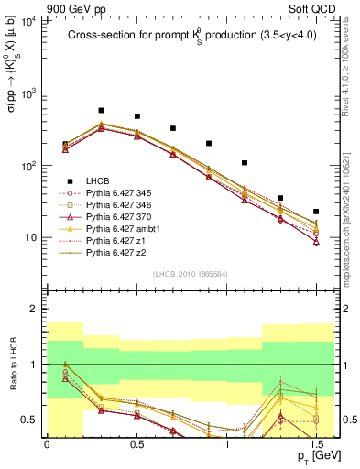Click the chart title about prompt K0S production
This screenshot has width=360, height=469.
[x=187, y=37]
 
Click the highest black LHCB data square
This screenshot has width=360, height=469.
[x=101, y=110]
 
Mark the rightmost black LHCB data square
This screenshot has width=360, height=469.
[x=316, y=212]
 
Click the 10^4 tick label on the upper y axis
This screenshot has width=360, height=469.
[x=27, y=21]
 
